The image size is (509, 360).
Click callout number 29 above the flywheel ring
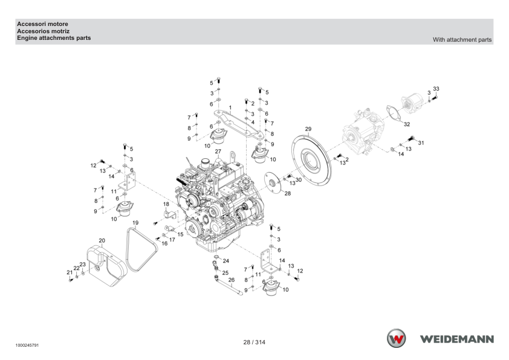[x=308, y=129]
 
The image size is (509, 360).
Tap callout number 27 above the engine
[x=218, y=152]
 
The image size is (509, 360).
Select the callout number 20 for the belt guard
[x=102, y=240]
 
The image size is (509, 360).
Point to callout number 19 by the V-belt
[x=135, y=223]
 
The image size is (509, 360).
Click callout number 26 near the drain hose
[x=232, y=280]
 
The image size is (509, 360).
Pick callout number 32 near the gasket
[x=407, y=124]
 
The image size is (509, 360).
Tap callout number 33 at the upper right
[x=436, y=89]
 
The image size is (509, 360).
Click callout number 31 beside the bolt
[x=421, y=143]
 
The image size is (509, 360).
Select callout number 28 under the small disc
[x=288, y=193]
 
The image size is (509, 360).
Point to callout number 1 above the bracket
[x=230, y=108]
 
